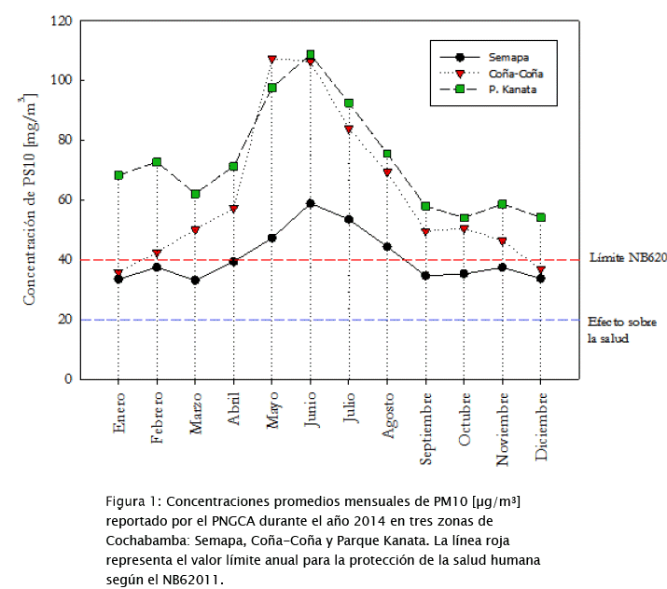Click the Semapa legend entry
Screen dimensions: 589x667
(x=503, y=58)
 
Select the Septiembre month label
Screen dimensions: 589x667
(x=425, y=430)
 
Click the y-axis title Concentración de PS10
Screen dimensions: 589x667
(x=30, y=199)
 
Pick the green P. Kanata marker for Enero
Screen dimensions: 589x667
(x=118, y=175)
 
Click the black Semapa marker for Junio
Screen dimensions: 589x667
(x=311, y=203)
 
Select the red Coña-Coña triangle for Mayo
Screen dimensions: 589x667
(x=272, y=60)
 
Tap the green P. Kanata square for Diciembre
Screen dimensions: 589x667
(x=541, y=217)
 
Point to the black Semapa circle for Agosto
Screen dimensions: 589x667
(x=387, y=247)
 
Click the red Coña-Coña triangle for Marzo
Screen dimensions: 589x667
(x=195, y=230)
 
